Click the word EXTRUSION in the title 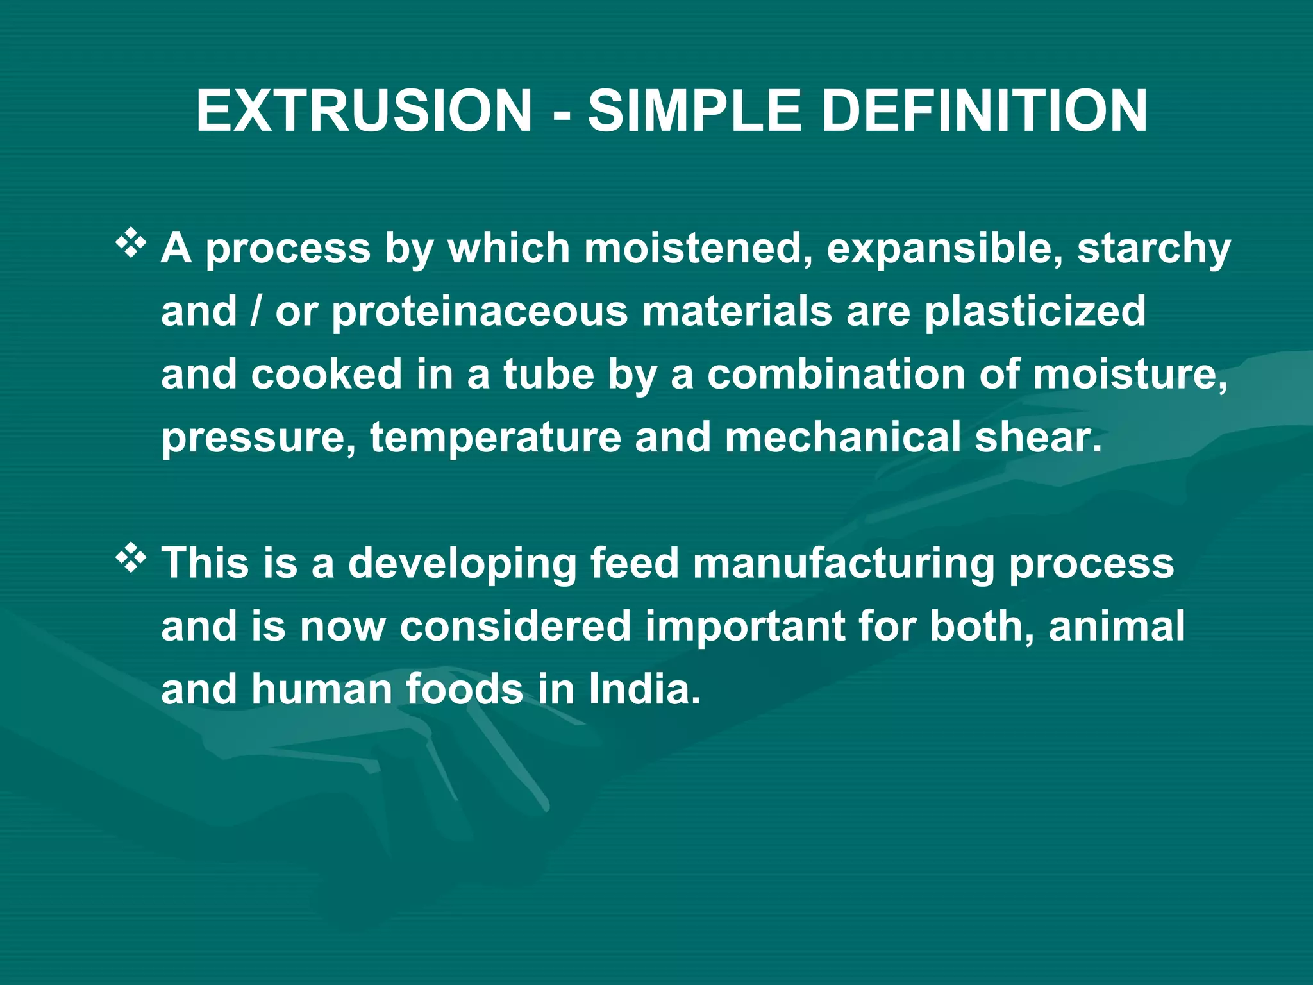pyautogui.click(x=364, y=111)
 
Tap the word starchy pyautogui.click(x=1154, y=249)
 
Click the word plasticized pyautogui.click(x=1035, y=312)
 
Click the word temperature pyautogui.click(x=496, y=438)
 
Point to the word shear pyautogui.click(x=1037, y=437)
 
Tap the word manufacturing pyautogui.click(x=843, y=563)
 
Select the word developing pyautogui.click(x=462, y=563)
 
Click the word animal pyautogui.click(x=1116, y=626)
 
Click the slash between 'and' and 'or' pyautogui.click(x=256, y=312)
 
